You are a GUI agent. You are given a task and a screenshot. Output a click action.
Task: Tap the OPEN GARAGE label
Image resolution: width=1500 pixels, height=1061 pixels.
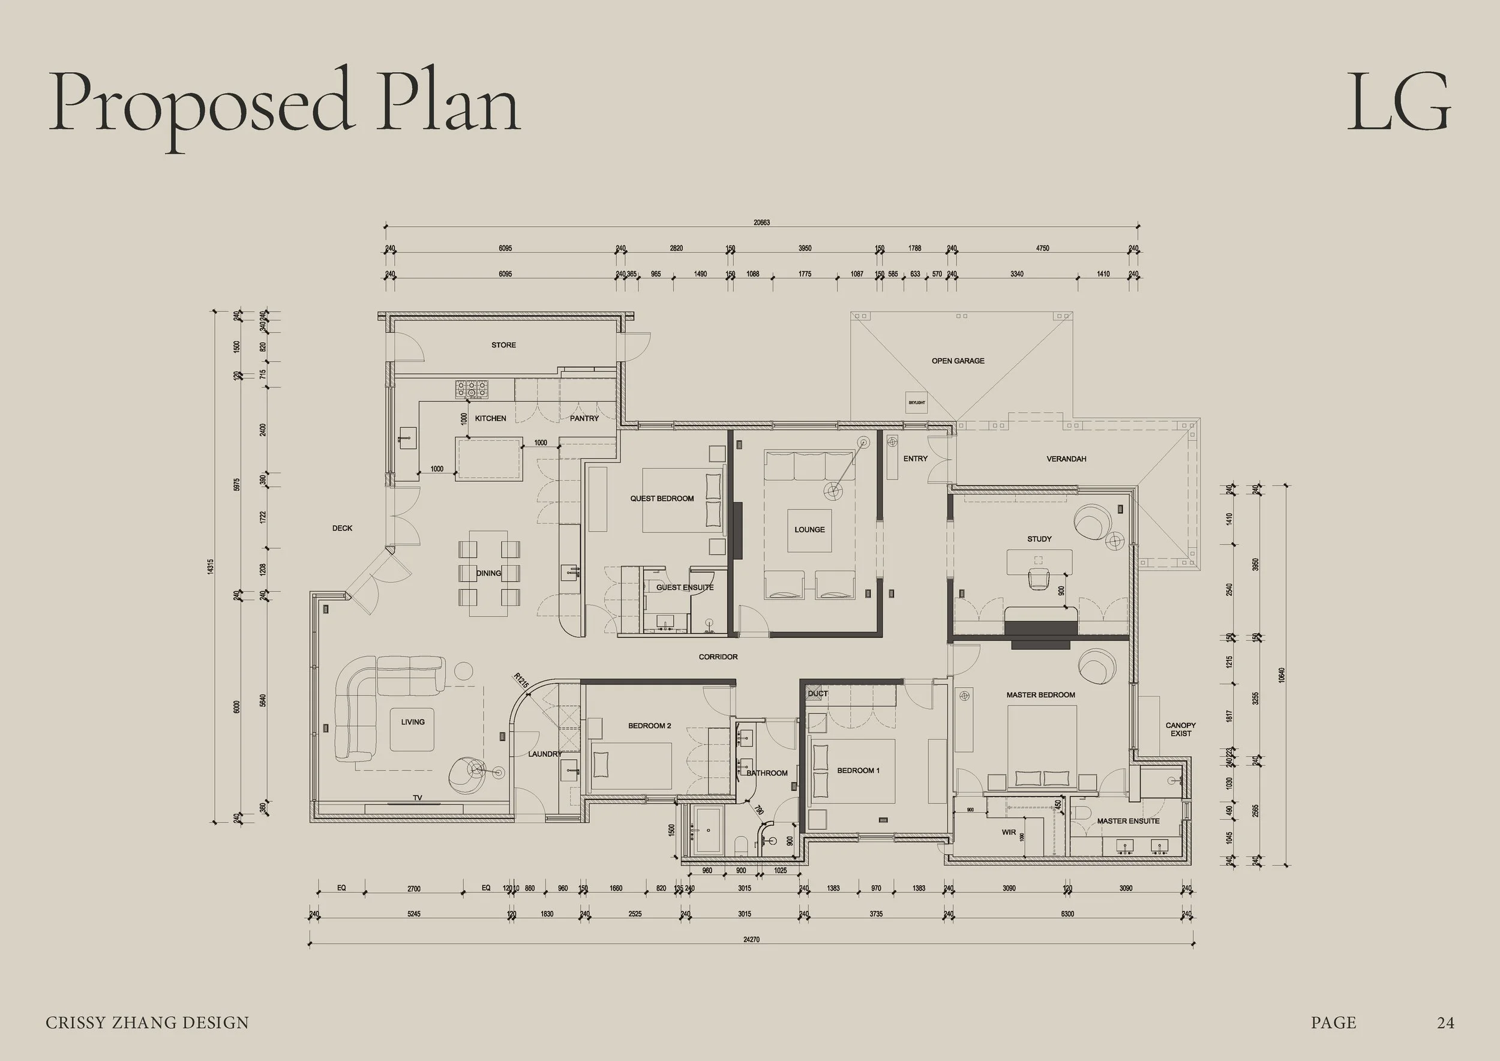(x=958, y=361)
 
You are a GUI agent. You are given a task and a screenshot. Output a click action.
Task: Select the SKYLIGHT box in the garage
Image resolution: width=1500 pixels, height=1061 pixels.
(x=917, y=403)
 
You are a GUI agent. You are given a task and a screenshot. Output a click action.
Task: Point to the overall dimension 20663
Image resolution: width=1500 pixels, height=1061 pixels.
(x=761, y=223)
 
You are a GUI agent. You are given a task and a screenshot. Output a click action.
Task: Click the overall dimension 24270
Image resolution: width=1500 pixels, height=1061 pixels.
(x=751, y=940)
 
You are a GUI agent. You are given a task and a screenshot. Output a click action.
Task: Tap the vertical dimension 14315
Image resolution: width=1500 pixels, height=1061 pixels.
(x=211, y=567)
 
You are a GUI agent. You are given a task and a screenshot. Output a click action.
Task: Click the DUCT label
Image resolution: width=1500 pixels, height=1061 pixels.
(x=817, y=694)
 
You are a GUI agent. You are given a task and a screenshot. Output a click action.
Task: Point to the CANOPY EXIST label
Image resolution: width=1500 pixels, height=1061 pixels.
(x=1181, y=729)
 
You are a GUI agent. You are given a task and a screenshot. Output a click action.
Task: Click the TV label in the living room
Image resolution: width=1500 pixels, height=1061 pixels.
(x=418, y=798)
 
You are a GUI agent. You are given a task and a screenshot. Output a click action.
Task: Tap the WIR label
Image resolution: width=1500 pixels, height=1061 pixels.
(x=1009, y=832)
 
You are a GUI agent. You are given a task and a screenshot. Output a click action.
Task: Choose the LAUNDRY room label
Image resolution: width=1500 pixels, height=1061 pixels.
(x=545, y=754)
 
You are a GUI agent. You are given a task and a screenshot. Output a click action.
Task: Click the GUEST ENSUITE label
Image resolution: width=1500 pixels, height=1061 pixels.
(x=685, y=588)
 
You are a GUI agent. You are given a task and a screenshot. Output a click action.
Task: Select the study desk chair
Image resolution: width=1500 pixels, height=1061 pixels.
(x=1038, y=578)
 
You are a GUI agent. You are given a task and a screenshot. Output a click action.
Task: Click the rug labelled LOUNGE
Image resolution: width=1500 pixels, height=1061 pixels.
(x=809, y=530)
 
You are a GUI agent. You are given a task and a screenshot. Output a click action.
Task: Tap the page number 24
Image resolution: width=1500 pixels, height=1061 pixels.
(x=1445, y=1023)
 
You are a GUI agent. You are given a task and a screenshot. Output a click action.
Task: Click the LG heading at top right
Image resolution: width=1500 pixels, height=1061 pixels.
(x=1398, y=103)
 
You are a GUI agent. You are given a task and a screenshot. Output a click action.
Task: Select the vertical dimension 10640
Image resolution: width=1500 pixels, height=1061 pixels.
(x=1282, y=675)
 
